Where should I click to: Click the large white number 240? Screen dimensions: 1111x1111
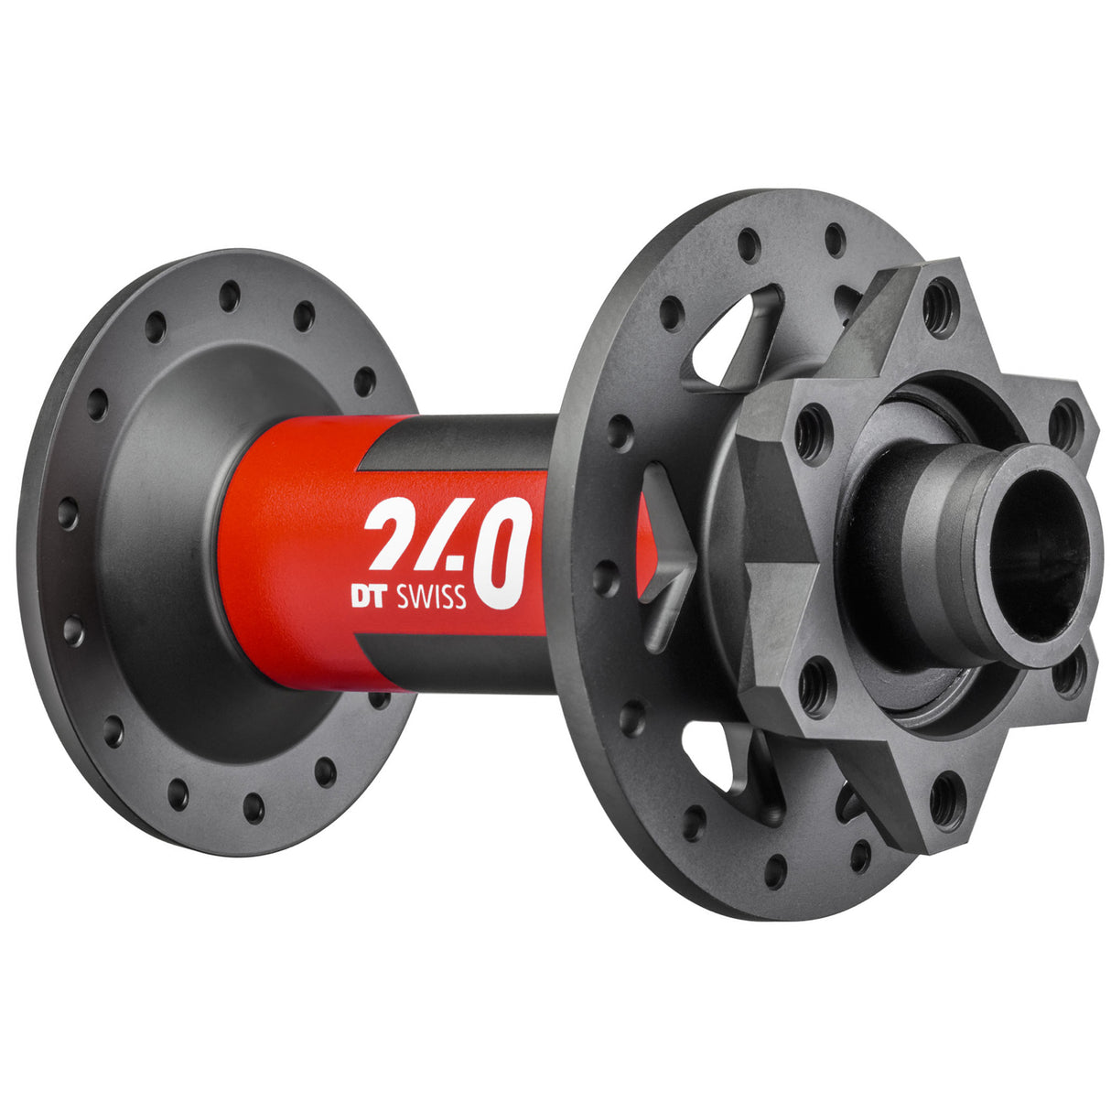(448, 549)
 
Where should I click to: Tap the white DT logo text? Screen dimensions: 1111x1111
(372, 596)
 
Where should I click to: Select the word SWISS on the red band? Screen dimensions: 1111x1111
(431, 597)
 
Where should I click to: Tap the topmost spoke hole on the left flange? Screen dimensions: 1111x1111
(230, 296)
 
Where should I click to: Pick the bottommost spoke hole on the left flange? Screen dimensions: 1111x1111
(253, 807)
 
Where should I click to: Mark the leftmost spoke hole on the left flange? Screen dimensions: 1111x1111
(67, 512)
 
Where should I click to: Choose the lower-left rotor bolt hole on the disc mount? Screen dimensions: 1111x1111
(815, 687)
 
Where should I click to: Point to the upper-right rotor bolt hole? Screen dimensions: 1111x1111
(1065, 425)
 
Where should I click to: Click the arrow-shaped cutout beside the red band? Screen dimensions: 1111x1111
(663, 558)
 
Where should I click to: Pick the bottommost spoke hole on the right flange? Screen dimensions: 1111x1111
(775, 870)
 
